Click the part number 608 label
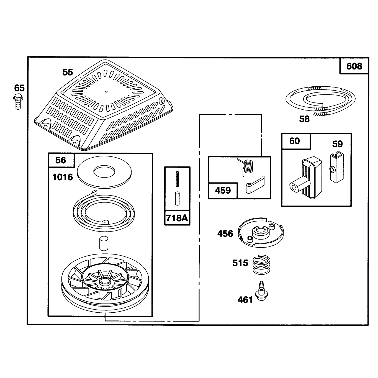click(354, 66)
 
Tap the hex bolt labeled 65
click(18, 102)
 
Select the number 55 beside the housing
click(68, 72)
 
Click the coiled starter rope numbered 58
click(320, 101)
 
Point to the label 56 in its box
click(61, 160)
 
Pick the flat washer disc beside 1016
click(104, 172)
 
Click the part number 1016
click(63, 177)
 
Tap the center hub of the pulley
click(105, 281)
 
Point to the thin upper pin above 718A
click(177, 179)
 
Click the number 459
click(223, 191)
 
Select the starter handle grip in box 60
click(306, 178)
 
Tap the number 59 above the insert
click(337, 144)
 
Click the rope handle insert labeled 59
click(337, 167)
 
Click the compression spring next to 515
click(261, 264)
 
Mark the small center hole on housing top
click(106, 92)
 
